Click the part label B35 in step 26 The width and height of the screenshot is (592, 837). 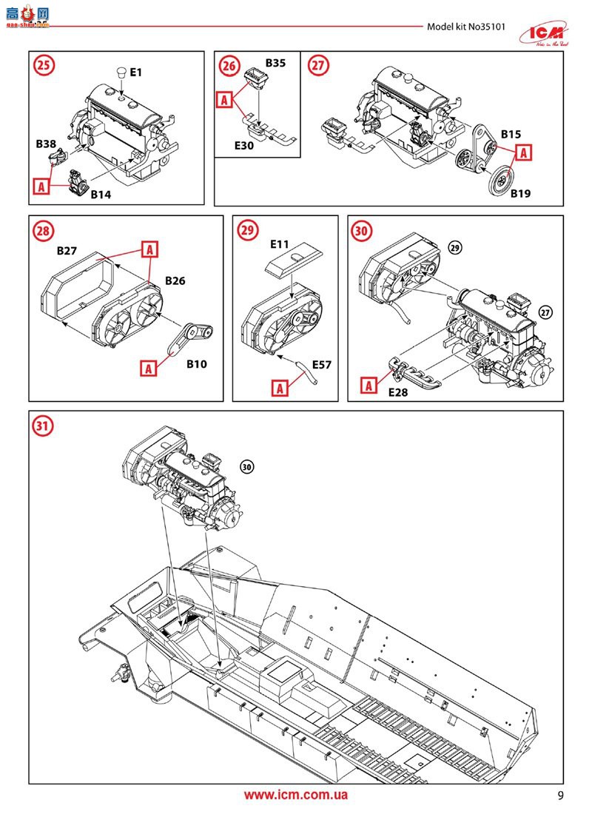pyautogui.click(x=275, y=63)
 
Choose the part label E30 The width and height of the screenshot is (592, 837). pyautogui.click(x=244, y=146)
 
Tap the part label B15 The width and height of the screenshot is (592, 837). pyautogui.click(x=511, y=135)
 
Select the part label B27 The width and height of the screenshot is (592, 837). pyautogui.click(x=67, y=251)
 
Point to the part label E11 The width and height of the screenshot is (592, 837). pyautogui.click(x=280, y=243)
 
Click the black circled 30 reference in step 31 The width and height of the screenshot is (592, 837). pyautogui.click(x=246, y=466)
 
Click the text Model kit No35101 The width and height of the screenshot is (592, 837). pyautogui.click(x=464, y=27)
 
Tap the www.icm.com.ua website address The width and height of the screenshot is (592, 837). pyautogui.click(x=296, y=796)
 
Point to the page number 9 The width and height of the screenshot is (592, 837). pyautogui.click(x=560, y=796)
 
